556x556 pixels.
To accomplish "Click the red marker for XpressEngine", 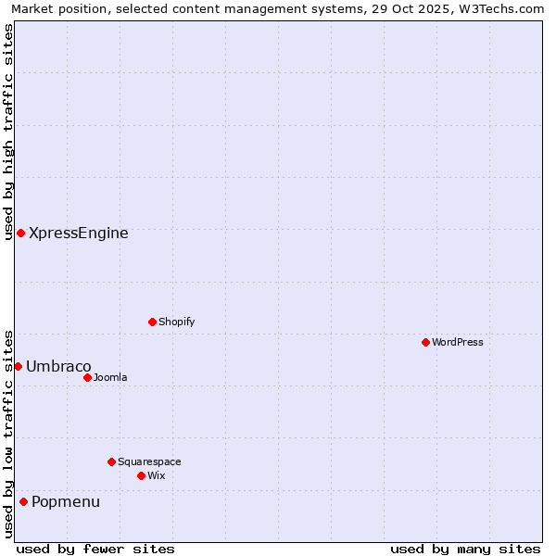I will (20, 233).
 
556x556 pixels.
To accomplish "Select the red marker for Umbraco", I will (18, 366).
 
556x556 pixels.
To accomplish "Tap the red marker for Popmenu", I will (23, 501).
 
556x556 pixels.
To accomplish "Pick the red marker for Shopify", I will (152, 322).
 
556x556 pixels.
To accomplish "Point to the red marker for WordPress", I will (425, 342).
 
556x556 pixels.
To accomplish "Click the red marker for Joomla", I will (87, 377).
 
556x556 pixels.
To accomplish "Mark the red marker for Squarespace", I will (111, 461).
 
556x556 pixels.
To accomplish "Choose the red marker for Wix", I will (141, 475).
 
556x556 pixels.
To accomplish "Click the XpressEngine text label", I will (79, 234).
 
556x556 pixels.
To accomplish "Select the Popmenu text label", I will (66, 502).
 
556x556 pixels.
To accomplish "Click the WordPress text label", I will (458, 342).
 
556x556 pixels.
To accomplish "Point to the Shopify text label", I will (177, 322).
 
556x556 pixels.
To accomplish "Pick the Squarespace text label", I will (149, 461).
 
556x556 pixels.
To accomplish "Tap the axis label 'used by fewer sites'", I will (95, 549).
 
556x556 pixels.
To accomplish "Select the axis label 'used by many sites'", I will (465, 549).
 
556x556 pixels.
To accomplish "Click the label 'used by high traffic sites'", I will (9, 132).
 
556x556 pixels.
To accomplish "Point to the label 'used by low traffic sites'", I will (9, 433).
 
